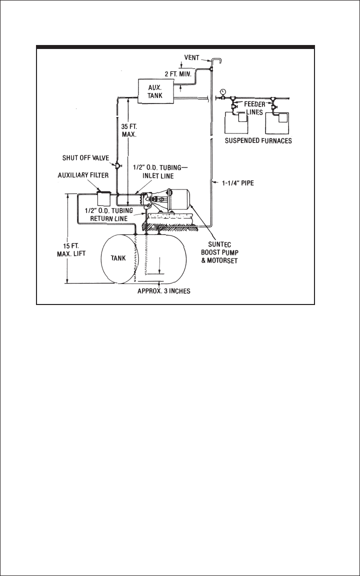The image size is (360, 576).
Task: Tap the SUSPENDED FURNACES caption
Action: tap(258, 140)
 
